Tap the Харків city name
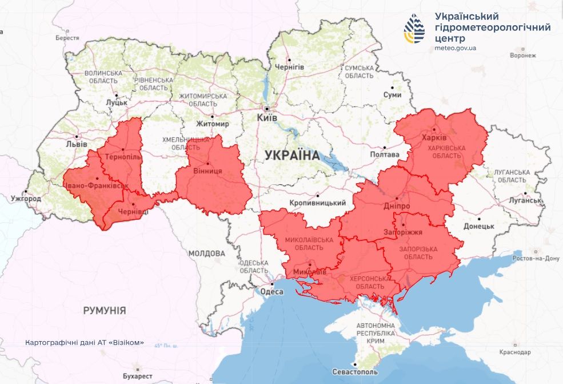433,138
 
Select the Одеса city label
271,291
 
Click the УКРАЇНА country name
292,155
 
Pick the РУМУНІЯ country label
105,310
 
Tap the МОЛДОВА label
207,253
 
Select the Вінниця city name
209,171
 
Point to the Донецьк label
478,226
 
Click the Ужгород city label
26,199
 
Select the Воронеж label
523,56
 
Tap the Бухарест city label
137,376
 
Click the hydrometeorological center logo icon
414,29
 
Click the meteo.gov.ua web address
455,48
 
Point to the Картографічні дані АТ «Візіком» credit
85,343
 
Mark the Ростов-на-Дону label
537,258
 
